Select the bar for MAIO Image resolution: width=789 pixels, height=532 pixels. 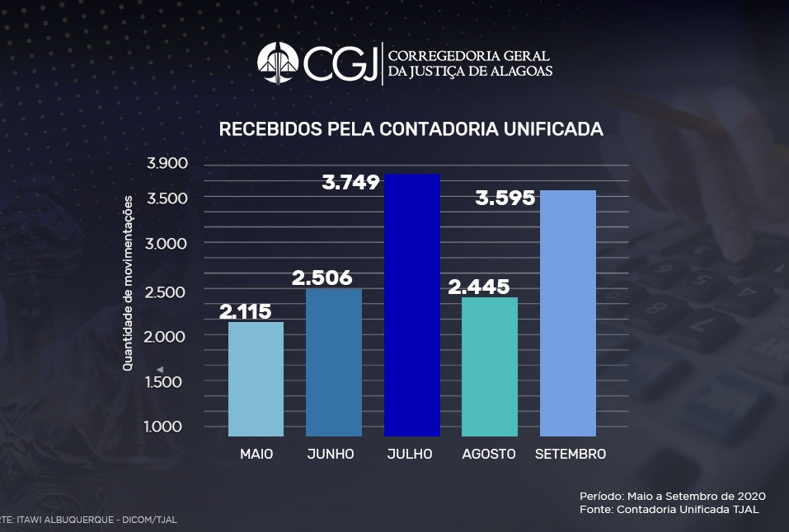[256, 379]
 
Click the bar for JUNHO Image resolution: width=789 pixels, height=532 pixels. [333, 362]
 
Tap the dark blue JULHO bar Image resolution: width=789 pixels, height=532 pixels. [411, 305]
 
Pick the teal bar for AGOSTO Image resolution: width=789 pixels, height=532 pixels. [490, 366]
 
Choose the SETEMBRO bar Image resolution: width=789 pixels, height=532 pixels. [567, 313]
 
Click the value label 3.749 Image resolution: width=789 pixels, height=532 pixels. [351, 182]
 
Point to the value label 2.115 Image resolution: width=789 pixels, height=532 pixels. [245, 311]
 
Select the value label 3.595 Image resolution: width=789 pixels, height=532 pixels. [505, 198]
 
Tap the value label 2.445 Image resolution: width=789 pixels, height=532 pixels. [477, 287]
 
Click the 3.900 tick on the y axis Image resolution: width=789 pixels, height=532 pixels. [167, 163]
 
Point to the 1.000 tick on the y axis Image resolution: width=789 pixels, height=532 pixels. [167, 426]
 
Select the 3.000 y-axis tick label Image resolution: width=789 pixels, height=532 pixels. [167, 244]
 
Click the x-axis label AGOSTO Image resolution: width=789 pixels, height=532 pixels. [489, 455]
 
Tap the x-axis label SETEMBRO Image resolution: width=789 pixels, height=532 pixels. [570, 455]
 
